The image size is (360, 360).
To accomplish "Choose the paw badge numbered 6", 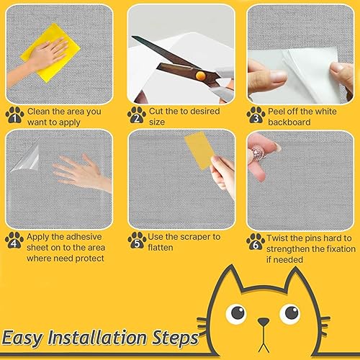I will (x=255, y=240).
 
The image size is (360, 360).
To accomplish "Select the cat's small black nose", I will (x=264, y=321).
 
